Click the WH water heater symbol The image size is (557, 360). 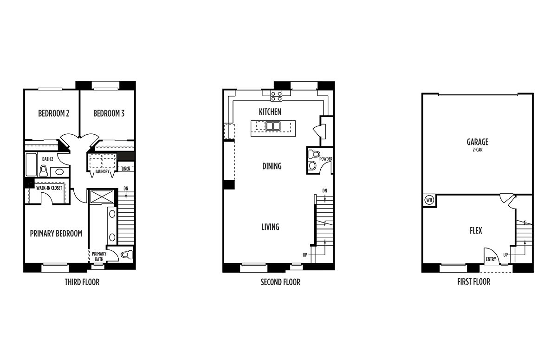[429, 200]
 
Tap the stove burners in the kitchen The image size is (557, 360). [277, 96]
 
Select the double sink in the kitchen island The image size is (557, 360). [273, 126]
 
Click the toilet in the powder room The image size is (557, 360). [313, 154]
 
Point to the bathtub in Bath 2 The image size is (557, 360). [31, 164]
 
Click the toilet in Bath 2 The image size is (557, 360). [43, 170]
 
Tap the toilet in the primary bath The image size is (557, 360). [127, 255]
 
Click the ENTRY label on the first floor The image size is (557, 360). [491, 259]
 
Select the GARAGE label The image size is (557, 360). [478, 142]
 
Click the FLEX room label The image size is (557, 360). [476, 230]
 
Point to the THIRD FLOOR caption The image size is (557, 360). [82, 282]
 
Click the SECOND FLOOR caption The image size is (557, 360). [280, 282]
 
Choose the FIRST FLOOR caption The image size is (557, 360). [474, 282]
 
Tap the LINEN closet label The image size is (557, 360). [126, 169]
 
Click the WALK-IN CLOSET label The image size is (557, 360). [49, 188]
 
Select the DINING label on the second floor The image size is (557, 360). [272, 166]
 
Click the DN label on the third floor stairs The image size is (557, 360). [126, 189]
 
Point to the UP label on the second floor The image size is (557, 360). [305, 255]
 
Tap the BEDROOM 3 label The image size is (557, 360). [109, 113]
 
